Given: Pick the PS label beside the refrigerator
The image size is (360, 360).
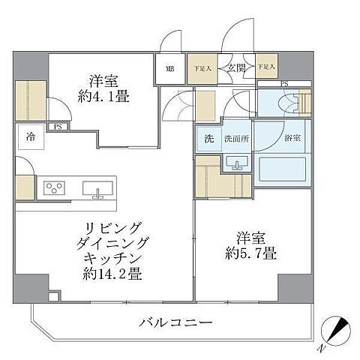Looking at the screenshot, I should coord(57,127).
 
